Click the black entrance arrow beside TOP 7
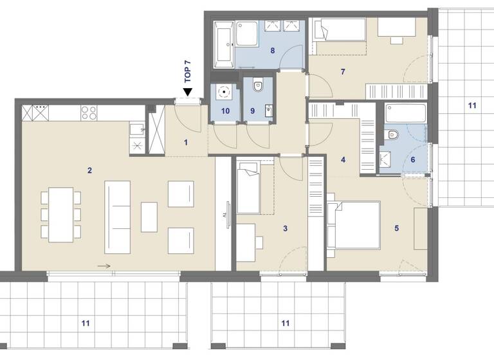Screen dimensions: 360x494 point(188,92)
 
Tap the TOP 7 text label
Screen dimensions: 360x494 point(188,69)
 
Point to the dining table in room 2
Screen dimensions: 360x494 point(62,214)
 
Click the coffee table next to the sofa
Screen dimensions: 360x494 point(149,217)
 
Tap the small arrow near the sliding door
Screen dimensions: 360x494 point(104,265)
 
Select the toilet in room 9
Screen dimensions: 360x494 point(258,84)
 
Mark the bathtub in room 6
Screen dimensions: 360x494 point(405,114)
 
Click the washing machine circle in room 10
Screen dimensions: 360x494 point(223,91)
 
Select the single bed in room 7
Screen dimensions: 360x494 point(338,30)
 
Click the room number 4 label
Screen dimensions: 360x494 point(343,160)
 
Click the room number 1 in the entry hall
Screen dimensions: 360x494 point(186,142)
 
